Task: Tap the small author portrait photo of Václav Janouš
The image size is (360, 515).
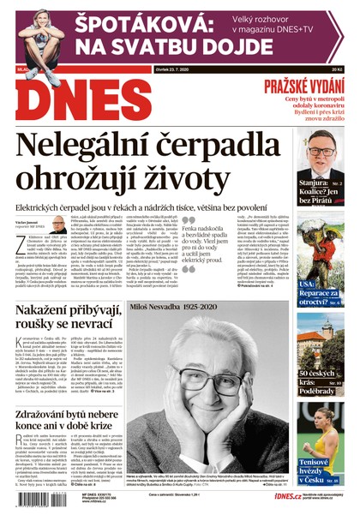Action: coord(58,225)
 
